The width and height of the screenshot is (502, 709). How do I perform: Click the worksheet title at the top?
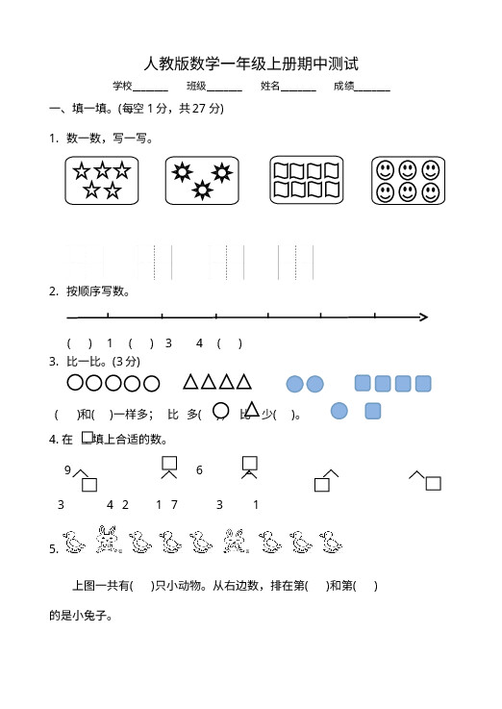[x=251, y=63]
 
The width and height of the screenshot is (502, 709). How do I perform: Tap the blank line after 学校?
[x=150, y=90]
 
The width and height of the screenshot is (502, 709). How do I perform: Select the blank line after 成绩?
[x=372, y=90]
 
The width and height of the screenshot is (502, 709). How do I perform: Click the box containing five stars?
[x=102, y=181]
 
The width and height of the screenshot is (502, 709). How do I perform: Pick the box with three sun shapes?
[x=202, y=181]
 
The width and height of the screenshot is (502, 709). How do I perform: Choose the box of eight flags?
[x=307, y=180]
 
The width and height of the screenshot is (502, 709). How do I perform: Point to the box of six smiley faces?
[x=408, y=181]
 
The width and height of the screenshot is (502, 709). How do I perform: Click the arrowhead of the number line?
[x=424, y=317]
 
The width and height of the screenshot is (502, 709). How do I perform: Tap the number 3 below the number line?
[x=168, y=343]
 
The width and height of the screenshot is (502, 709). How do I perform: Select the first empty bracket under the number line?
[x=80, y=343]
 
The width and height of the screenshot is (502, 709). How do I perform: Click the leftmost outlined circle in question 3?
[x=75, y=383]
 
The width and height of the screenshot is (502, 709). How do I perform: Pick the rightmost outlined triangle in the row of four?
[x=244, y=382]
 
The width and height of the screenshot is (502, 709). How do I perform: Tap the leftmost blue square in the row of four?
[x=363, y=383]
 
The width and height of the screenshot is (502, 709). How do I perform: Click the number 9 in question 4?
[x=67, y=469]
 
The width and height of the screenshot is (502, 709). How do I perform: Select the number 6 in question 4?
[x=199, y=470]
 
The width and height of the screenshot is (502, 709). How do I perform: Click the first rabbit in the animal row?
[x=108, y=539]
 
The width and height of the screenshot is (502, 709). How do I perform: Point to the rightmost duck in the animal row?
[x=331, y=542]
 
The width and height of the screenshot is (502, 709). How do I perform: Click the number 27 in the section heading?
[x=199, y=109]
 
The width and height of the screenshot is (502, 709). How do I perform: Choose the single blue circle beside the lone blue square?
[x=339, y=411]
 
